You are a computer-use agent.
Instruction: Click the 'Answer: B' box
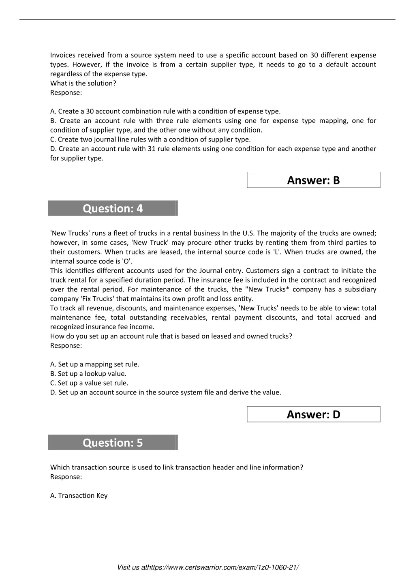pyautogui.click(x=313, y=180)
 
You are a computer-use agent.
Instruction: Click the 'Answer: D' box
pyautogui.click(x=313, y=414)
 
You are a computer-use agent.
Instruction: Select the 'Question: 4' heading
pyautogui.click(x=113, y=208)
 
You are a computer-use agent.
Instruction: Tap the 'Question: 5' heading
pyautogui.click(x=113, y=443)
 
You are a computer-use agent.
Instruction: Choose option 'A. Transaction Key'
pyautogui.click(x=79, y=495)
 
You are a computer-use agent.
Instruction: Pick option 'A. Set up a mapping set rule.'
pyautogui.click(x=95, y=364)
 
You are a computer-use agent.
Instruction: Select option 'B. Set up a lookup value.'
pyautogui.click(x=88, y=373)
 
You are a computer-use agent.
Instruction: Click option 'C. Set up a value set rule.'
pyautogui.click(x=89, y=383)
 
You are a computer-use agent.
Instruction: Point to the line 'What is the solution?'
pyautogui.click(x=83, y=83)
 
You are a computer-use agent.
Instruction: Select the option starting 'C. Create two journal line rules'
pyautogui.click(x=150, y=139)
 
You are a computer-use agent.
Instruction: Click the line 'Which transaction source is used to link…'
pyautogui.click(x=177, y=467)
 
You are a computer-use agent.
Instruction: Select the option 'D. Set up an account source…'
pyautogui.click(x=166, y=392)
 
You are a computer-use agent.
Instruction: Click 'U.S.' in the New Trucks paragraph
pyautogui.click(x=248, y=233)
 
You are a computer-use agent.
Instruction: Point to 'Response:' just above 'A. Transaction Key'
pyautogui.click(x=66, y=477)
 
